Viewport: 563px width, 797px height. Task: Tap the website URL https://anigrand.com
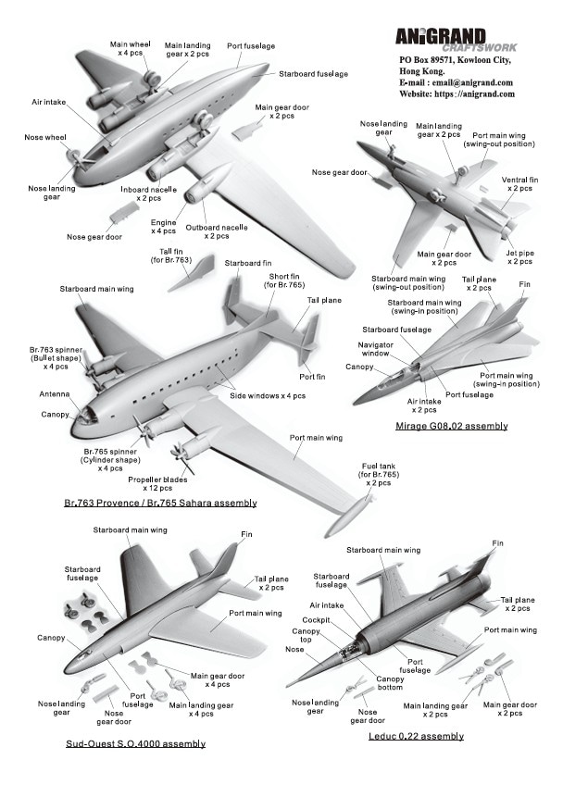click(457, 94)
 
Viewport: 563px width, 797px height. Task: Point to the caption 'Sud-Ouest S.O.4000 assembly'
click(135, 743)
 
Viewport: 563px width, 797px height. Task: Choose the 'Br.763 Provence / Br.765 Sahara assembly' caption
click(160, 503)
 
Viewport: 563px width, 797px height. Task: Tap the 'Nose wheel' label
click(44, 138)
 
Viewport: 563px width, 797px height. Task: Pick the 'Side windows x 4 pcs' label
click(268, 395)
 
